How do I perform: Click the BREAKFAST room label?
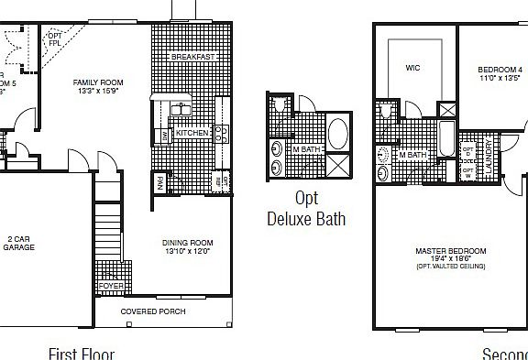tap(192, 57)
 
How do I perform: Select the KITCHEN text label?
tap(192, 133)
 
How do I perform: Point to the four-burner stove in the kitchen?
tap(222, 134)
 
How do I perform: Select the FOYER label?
tap(112, 286)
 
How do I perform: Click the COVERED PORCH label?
tap(153, 311)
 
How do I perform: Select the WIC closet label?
tap(412, 66)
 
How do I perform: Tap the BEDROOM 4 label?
tap(500, 71)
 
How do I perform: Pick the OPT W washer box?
tap(468, 171)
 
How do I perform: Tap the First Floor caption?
tap(82, 353)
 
